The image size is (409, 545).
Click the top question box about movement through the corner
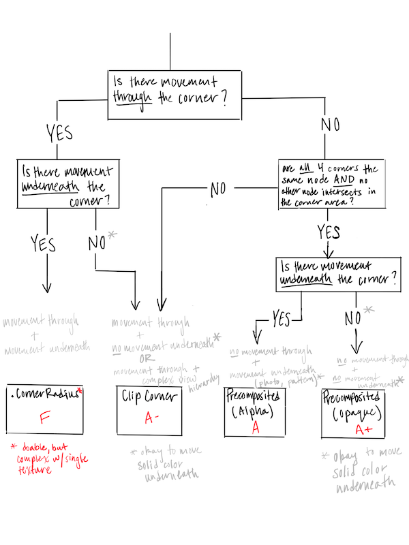tap(175, 94)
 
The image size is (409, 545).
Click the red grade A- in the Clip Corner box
tap(149, 418)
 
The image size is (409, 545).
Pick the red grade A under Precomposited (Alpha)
tap(256, 426)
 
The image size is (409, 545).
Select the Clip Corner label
tap(149, 395)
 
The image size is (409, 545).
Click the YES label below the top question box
tap(59, 134)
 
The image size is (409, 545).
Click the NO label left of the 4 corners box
tap(217, 189)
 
